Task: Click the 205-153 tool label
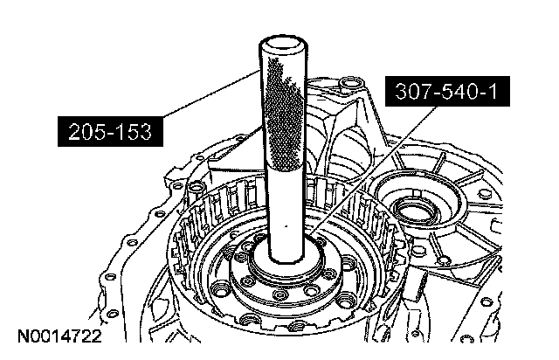110,131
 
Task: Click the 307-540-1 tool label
447,92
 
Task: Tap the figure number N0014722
59,336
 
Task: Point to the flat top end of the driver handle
283,43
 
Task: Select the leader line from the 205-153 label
211,93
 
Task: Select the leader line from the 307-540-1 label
373,170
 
